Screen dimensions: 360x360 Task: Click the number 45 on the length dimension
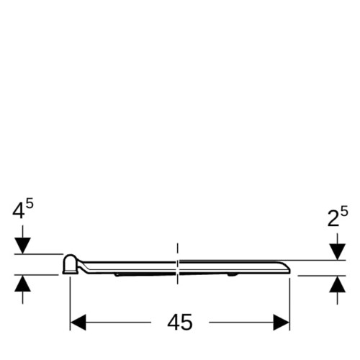coord(180,323)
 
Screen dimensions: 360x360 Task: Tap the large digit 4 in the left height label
coord(19,212)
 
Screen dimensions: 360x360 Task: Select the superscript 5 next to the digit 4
coord(30,204)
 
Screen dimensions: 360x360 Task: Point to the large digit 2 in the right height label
coord(333,219)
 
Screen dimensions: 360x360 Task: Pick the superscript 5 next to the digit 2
coord(344,212)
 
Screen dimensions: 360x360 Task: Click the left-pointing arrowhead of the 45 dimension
coord(78,323)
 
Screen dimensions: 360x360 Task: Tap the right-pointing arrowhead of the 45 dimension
coord(282,323)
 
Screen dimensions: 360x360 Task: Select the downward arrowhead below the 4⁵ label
coord(22,246)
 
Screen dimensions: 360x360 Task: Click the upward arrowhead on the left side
coord(22,284)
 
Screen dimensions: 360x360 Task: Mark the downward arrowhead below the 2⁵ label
coord(337,252)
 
